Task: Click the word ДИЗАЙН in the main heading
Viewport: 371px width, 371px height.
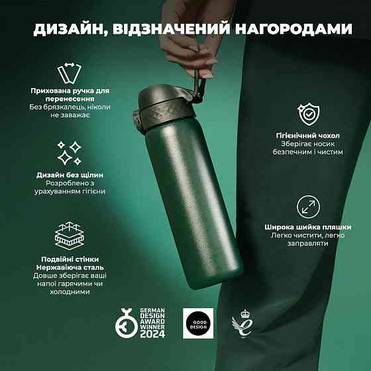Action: [70, 29]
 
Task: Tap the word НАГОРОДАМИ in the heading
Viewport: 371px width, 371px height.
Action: [293, 29]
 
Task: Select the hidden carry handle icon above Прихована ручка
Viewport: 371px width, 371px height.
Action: [70, 73]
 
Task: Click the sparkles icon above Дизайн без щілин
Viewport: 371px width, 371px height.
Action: [70, 153]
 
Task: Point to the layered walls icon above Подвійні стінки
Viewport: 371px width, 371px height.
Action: [70, 236]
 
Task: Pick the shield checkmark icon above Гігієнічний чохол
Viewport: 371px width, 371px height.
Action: [308, 114]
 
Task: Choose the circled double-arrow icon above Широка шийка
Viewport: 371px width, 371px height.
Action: [308, 207]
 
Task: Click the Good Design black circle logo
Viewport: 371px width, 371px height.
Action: [198, 324]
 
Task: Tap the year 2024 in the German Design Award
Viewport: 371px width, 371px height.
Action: [152, 334]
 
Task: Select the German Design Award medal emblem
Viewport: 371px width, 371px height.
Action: [127, 323]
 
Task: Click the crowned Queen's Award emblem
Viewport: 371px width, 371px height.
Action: [242, 323]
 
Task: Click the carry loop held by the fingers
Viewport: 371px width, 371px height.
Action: [199, 89]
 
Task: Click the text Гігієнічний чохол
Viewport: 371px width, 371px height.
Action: [307, 136]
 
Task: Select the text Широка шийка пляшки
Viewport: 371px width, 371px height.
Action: [307, 227]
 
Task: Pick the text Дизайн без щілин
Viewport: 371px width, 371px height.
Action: [70, 175]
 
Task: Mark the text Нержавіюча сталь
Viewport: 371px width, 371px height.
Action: [70, 268]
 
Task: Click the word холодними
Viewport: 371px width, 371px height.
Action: [70, 291]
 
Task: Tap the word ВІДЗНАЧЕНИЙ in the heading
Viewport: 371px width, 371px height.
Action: [171, 29]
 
